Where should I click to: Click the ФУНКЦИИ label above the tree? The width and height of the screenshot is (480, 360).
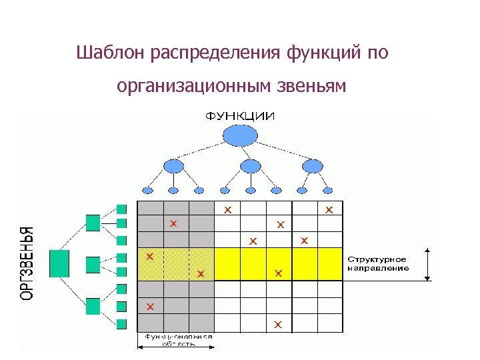(239, 116)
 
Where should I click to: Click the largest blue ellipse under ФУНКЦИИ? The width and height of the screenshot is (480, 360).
(240, 135)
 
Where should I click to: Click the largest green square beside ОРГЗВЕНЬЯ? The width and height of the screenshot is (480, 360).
(59, 263)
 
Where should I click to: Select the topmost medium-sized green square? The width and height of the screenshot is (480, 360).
(93, 222)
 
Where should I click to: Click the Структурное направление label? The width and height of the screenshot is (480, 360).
(377, 263)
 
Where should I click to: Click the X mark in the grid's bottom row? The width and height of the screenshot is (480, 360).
(279, 325)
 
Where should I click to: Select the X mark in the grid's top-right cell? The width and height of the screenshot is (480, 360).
(329, 210)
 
